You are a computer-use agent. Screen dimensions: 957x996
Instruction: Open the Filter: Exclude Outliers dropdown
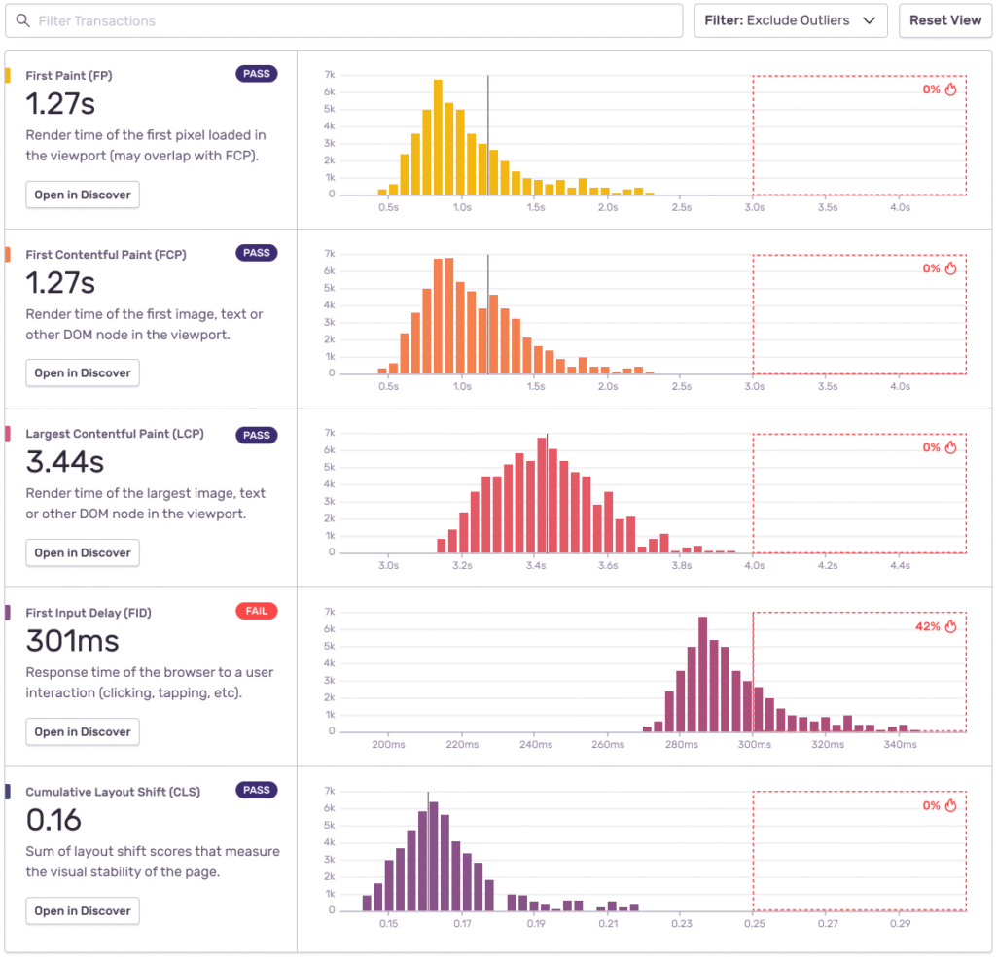click(x=790, y=20)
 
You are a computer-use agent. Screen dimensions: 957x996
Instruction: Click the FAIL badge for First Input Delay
click(x=256, y=611)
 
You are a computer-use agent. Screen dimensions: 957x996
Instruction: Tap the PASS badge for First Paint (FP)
click(x=256, y=74)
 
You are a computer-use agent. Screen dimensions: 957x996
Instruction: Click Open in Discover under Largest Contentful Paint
click(x=83, y=552)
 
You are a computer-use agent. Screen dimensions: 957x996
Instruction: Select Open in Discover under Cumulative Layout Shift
click(x=83, y=911)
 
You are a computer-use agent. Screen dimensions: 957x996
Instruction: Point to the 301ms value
click(x=72, y=641)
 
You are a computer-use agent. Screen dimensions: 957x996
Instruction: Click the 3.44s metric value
click(x=64, y=461)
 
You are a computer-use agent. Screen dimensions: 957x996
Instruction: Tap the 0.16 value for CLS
click(x=53, y=820)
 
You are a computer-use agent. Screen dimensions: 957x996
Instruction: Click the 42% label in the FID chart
click(x=927, y=626)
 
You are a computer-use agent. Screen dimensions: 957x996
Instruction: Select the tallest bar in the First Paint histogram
click(x=438, y=137)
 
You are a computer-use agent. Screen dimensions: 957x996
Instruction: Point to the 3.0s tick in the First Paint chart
click(x=754, y=207)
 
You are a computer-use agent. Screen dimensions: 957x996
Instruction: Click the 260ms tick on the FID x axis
click(x=607, y=745)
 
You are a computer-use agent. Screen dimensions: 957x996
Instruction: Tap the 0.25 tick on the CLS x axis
click(x=754, y=924)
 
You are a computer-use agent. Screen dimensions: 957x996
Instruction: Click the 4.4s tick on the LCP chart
click(x=900, y=565)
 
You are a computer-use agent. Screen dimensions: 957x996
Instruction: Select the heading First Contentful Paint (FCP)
click(x=106, y=255)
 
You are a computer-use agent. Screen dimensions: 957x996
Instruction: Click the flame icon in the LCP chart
click(x=951, y=447)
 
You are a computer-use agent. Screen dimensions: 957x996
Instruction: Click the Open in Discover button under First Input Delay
click(x=83, y=731)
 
